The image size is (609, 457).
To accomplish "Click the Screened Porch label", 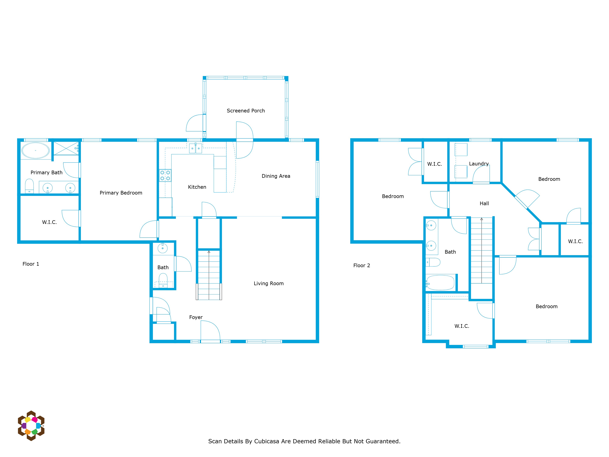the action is pos(246,111).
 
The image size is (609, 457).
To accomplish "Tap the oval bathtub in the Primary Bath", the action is pos(36,150).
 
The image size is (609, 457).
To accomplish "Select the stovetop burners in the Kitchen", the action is pos(165,175).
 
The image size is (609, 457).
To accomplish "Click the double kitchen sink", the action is pos(195,148).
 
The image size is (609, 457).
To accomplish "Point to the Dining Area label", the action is pos(276,176).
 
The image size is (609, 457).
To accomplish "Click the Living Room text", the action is pos(269,283).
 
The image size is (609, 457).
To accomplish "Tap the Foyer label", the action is pos(196,317).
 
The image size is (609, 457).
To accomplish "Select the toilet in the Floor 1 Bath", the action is pos(163,281).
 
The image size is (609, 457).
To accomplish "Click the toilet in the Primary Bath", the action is pos(29,186).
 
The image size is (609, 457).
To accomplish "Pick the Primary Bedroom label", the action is pos(121,193).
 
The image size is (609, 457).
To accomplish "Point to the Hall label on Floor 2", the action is pos(484,204).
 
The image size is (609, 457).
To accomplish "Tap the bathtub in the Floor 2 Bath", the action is pos(440,283).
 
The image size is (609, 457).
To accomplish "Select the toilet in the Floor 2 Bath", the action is pos(433,262).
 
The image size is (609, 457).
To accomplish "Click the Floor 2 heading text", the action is pos(362,266).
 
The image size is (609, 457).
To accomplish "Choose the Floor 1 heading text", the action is pos(31,264).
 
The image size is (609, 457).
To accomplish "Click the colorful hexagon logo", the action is pos(31,426).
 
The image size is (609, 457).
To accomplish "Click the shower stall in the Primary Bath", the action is pos(66,148).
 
